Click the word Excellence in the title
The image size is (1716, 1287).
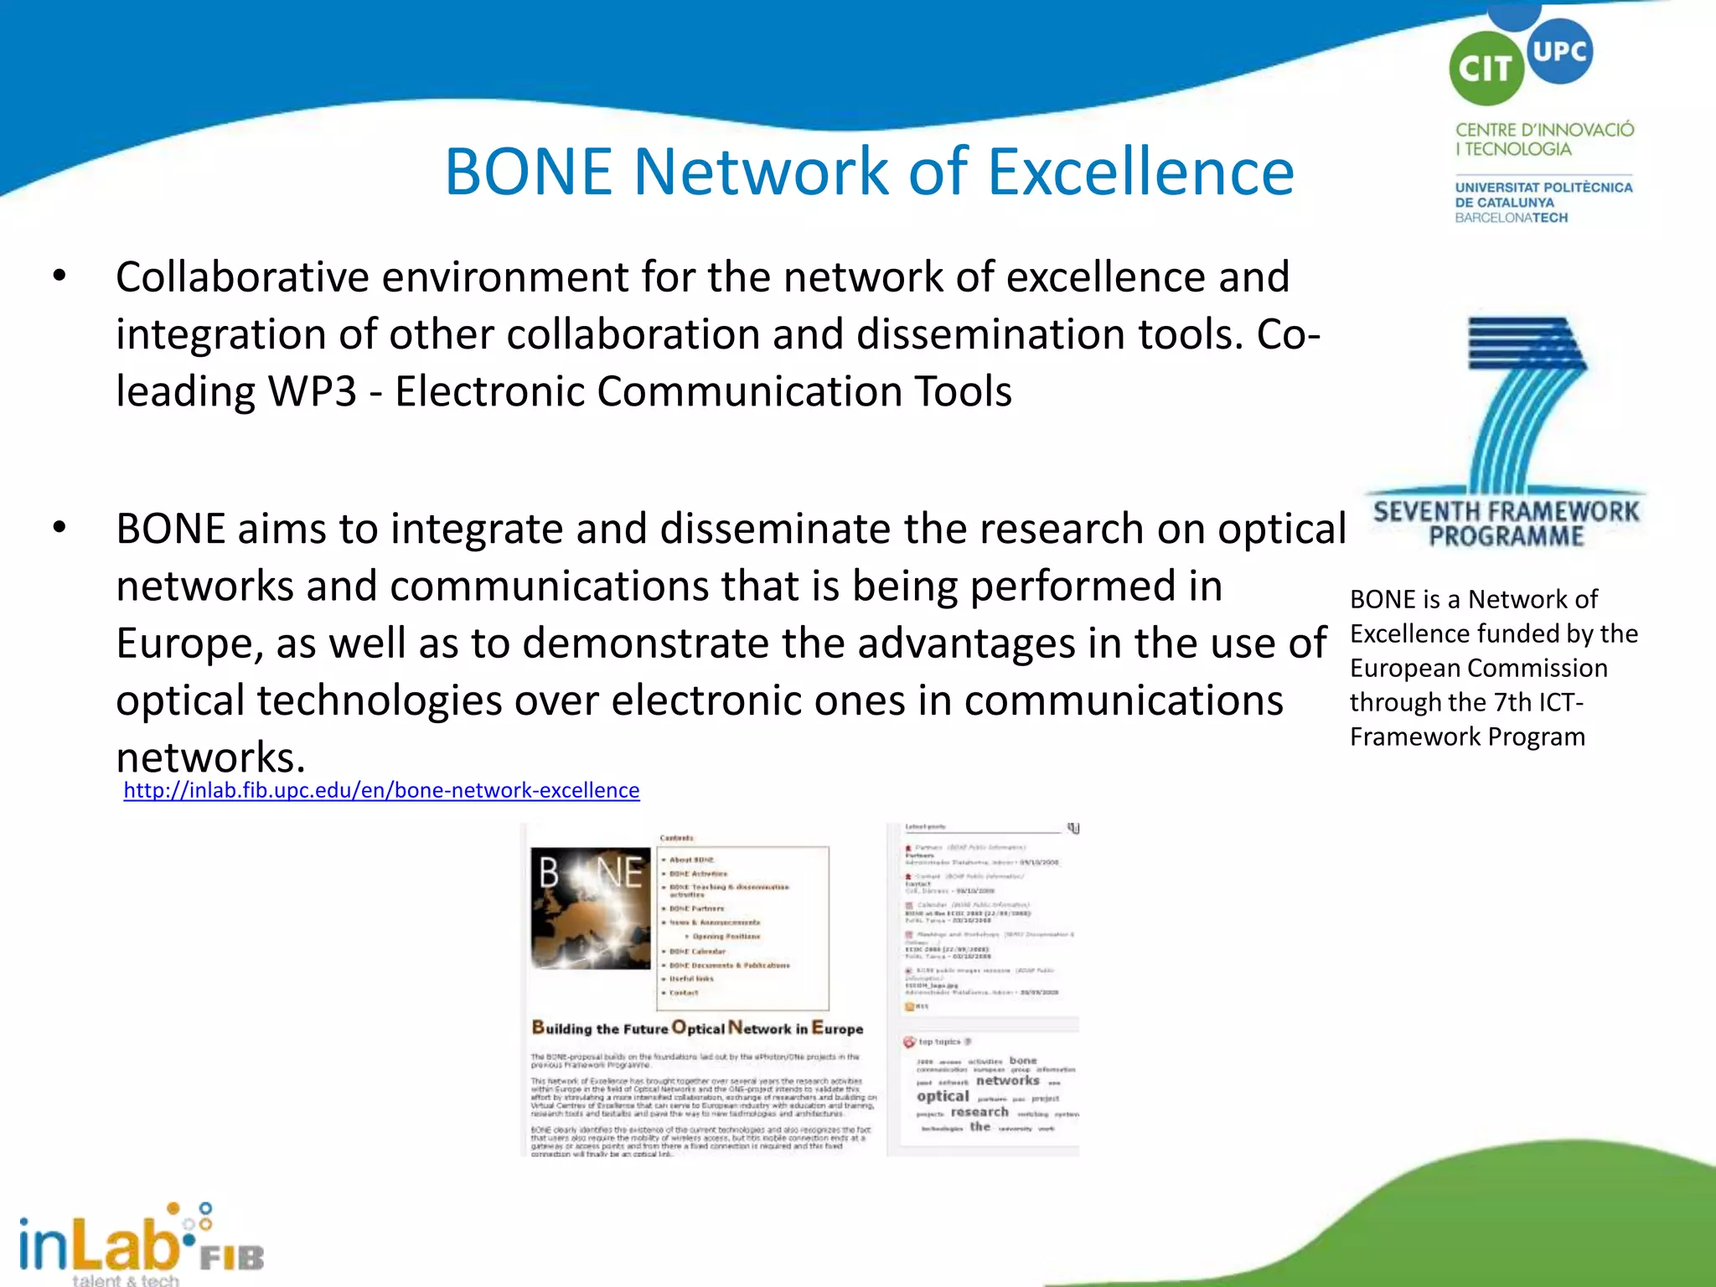pos(1140,173)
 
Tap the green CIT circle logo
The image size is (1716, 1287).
pos(1485,69)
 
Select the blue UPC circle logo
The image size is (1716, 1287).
pos(1559,51)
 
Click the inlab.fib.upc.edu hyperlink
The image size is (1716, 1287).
pos(381,790)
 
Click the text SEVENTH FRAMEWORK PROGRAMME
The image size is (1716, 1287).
pos(1506,524)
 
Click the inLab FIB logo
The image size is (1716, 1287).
pos(138,1244)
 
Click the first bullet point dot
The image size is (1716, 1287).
pos(59,276)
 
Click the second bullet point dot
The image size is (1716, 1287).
pos(59,528)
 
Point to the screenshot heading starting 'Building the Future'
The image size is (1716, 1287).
pos(697,1028)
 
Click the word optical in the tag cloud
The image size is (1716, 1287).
pos(943,1096)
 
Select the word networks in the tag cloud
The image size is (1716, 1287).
pos(1007,1081)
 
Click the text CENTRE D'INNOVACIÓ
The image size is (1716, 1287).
pos(1544,130)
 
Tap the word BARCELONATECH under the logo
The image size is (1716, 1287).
pos(1511,218)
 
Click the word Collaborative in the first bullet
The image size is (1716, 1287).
pos(241,277)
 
